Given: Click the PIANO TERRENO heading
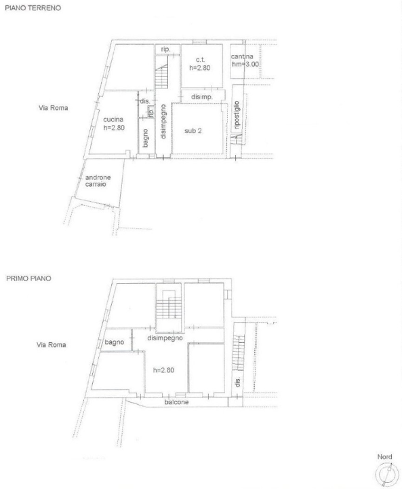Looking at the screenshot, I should coord(33,9).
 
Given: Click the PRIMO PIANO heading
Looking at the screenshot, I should coord(28,278).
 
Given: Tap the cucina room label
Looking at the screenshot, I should coord(113,120).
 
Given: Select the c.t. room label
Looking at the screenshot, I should coord(201,60).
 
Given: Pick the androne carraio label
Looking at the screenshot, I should coord(98,181).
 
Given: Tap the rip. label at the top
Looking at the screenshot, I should coord(165,50).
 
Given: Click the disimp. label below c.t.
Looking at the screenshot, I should coord(202,97).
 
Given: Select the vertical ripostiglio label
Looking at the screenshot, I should coord(237,115).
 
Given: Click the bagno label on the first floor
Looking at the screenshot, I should coord(115,342).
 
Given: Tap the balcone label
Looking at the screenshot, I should coord(176,402).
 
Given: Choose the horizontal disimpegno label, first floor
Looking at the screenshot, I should coord(166,338).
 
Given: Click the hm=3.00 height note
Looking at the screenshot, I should coord(245,64).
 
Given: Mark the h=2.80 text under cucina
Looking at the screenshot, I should coord(114,128).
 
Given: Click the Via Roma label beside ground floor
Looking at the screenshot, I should coord(54,108).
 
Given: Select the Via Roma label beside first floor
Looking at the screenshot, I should coord(51,345).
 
